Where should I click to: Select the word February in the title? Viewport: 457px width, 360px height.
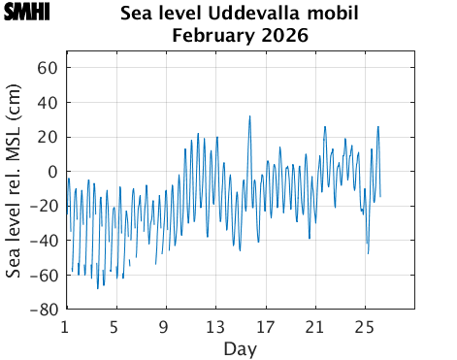[212, 36]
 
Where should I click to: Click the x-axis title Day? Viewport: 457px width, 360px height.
[240, 346]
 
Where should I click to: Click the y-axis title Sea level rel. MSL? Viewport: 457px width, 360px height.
[15, 189]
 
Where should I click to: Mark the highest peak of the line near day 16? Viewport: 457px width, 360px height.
[249, 116]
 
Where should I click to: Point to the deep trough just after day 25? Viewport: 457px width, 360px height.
[368, 253]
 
